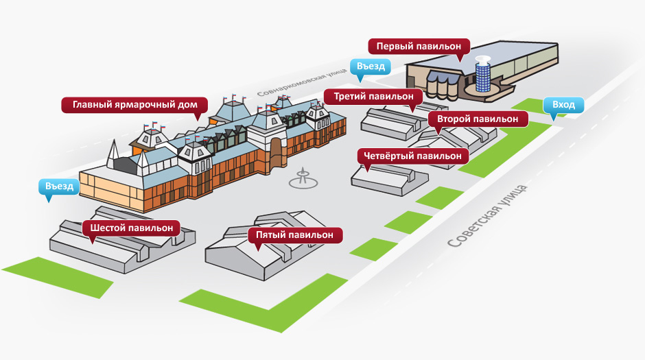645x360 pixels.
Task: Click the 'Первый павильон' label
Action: point(419,46)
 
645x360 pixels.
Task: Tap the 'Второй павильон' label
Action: point(478,119)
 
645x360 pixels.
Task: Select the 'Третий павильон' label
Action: point(373,97)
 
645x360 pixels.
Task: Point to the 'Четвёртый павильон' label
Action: point(412,156)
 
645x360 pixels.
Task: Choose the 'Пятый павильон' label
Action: point(294,235)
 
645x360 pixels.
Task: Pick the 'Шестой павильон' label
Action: point(132,228)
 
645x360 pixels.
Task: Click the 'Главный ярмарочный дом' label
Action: point(135,104)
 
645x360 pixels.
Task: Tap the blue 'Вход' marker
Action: point(563,105)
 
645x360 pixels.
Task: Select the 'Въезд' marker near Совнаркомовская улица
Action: point(371,67)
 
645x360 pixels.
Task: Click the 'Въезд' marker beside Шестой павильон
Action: point(59,186)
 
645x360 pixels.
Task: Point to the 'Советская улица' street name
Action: point(486,216)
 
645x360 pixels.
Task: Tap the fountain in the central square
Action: point(303,179)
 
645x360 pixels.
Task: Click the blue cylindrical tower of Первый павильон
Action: point(482,74)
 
